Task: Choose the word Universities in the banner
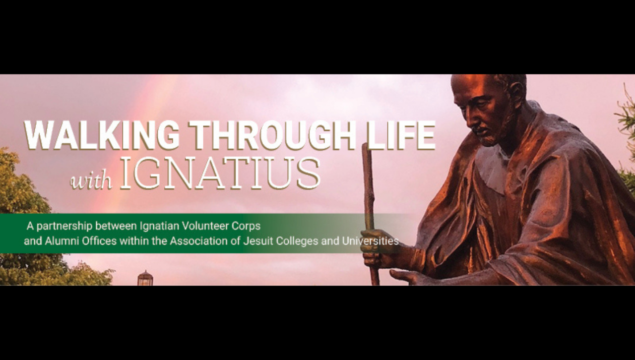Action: tap(371, 241)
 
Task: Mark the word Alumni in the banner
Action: tap(61, 241)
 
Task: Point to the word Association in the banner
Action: tap(199, 241)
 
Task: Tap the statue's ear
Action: tap(517, 93)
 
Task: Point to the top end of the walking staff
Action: tap(366, 145)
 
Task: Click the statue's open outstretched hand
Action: tap(408, 276)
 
